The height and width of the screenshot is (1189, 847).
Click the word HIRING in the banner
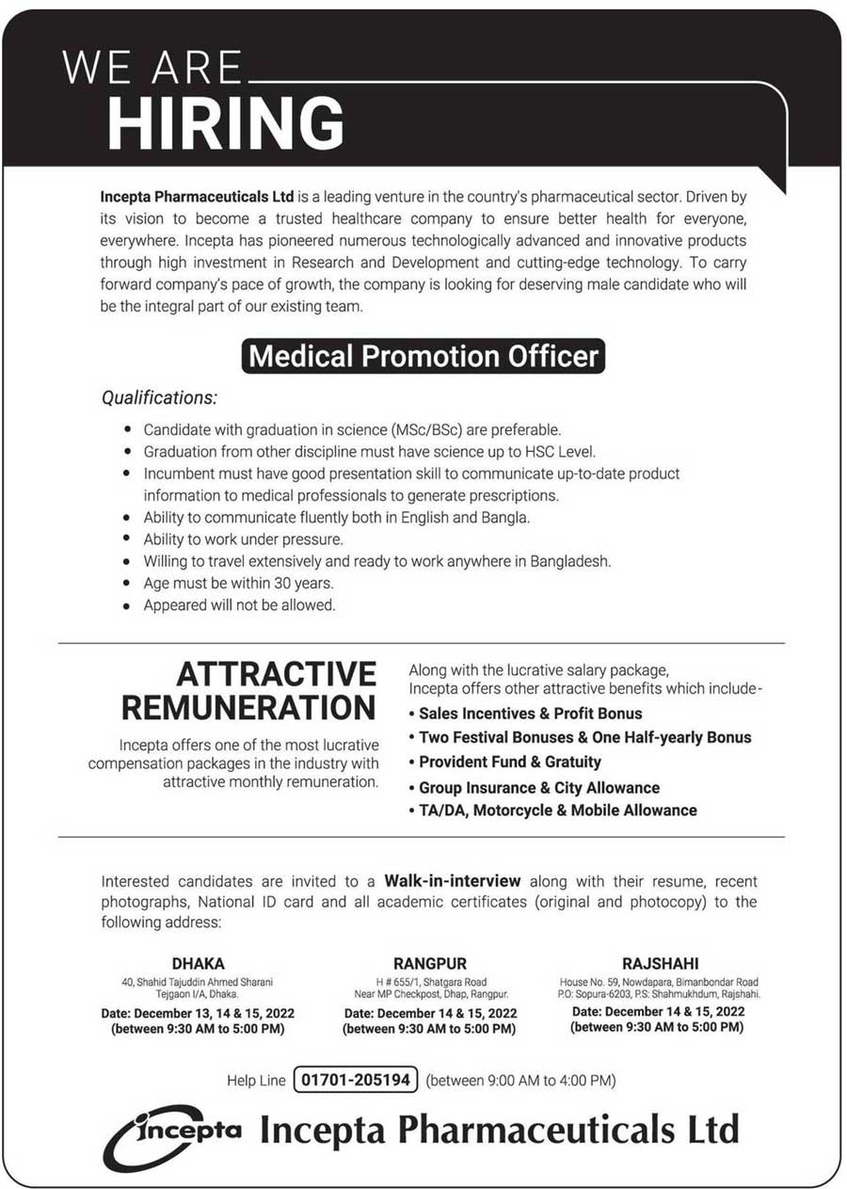point(226,123)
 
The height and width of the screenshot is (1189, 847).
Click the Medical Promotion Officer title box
point(424,357)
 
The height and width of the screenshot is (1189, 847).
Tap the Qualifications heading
point(159,397)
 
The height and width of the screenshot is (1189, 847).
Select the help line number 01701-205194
point(356,1080)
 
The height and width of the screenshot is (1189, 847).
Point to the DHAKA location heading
point(199,963)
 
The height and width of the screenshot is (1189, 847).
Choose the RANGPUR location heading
point(430,963)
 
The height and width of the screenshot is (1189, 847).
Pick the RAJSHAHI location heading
point(660,963)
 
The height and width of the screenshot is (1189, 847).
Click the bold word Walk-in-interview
point(452,881)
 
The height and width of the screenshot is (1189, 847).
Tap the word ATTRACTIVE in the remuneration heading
point(277,674)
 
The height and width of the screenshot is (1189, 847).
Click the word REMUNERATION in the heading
point(249,707)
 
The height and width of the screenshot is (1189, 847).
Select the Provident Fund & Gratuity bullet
point(509,762)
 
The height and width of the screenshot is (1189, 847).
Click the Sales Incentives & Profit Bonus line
point(530,714)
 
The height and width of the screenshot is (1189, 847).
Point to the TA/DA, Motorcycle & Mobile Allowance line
point(557,810)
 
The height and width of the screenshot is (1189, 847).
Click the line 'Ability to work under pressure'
point(243,539)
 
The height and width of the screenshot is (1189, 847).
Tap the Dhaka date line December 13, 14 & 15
point(199,1013)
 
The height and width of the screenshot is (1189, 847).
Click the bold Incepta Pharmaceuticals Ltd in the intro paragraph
point(198,198)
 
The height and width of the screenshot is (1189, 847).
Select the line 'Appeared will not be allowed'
point(239,605)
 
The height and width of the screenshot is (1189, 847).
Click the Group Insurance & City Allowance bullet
point(538,787)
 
